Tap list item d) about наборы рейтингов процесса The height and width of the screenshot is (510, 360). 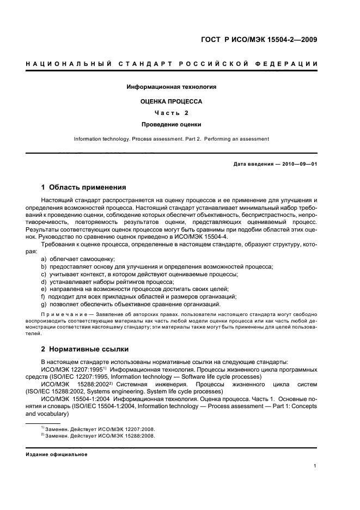point(107,281)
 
